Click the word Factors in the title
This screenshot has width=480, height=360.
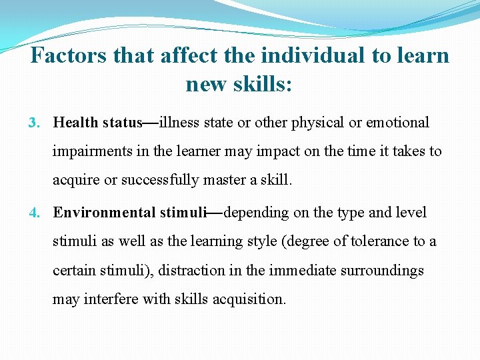(x=69, y=55)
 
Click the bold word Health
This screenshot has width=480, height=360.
(x=76, y=123)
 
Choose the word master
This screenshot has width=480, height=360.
(x=221, y=180)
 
